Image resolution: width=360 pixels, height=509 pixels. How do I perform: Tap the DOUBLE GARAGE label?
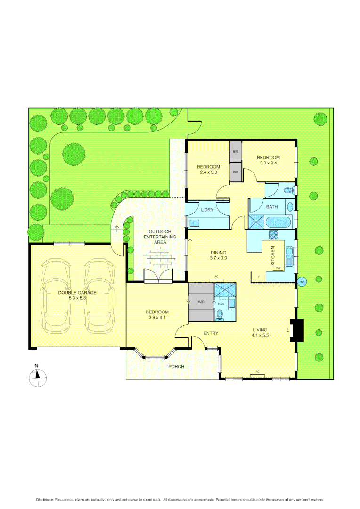[x=77, y=293]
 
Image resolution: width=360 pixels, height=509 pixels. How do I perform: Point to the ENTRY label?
[x=211, y=333]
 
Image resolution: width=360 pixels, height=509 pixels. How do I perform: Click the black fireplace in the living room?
[x=297, y=329]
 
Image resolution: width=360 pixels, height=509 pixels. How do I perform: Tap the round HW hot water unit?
[x=302, y=282]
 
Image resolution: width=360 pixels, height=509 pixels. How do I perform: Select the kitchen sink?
[x=291, y=257]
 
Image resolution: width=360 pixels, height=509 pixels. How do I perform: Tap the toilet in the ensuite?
[x=220, y=314]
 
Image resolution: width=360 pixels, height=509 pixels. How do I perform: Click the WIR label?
[x=201, y=302]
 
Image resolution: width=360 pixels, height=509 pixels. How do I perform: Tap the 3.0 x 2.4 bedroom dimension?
[x=268, y=164]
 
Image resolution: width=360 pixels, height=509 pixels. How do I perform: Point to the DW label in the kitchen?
[x=278, y=269]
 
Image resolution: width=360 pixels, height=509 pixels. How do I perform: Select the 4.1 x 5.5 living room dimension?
[x=260, y=336]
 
